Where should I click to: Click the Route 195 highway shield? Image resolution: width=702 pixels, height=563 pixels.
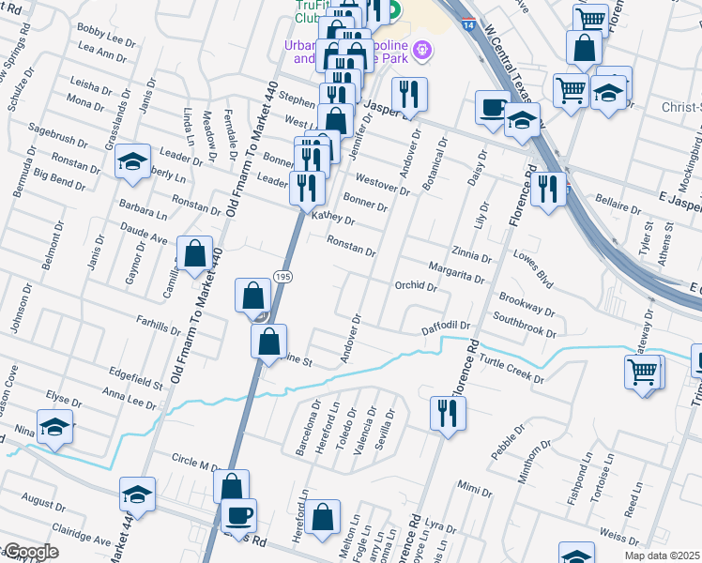(x=281, y=274)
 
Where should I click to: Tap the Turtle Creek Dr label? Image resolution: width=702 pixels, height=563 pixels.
(x=511, y=371)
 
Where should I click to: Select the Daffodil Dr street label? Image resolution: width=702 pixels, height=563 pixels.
(x=445, y=325)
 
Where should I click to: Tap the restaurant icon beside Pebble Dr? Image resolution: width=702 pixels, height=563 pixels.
(x=444, y=413)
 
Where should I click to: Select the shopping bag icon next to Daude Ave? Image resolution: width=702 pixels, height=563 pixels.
(x=194, y=254)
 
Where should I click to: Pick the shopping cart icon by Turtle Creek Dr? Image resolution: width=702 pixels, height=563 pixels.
(x=643, y=372)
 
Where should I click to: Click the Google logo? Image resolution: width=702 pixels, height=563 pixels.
(x=30, y=552)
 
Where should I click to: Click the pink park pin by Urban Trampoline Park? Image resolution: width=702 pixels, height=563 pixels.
(x=423, y=49)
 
